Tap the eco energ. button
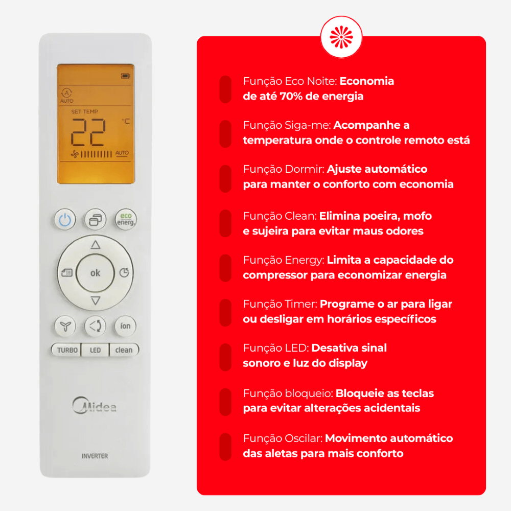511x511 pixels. (x=126, y=219)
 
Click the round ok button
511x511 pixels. (x=95, y=273)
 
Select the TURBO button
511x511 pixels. (x=66, y=350)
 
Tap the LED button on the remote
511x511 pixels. (x=95, y=350)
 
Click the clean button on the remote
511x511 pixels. (x=124, y=350)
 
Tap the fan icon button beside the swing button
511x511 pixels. (x=65, y=326)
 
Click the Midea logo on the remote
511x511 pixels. (x=94, y=405)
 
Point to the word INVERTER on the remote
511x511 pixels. (x=95, y=456)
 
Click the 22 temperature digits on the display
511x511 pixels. (x=88, y=132)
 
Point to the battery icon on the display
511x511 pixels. (x=126, y=76)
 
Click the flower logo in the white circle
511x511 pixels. (x=341, y=37)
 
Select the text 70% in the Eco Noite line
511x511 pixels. (x=291, y=97)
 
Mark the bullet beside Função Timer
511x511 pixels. (x=225, y=313)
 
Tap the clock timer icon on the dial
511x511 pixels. (x=124, y=272)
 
